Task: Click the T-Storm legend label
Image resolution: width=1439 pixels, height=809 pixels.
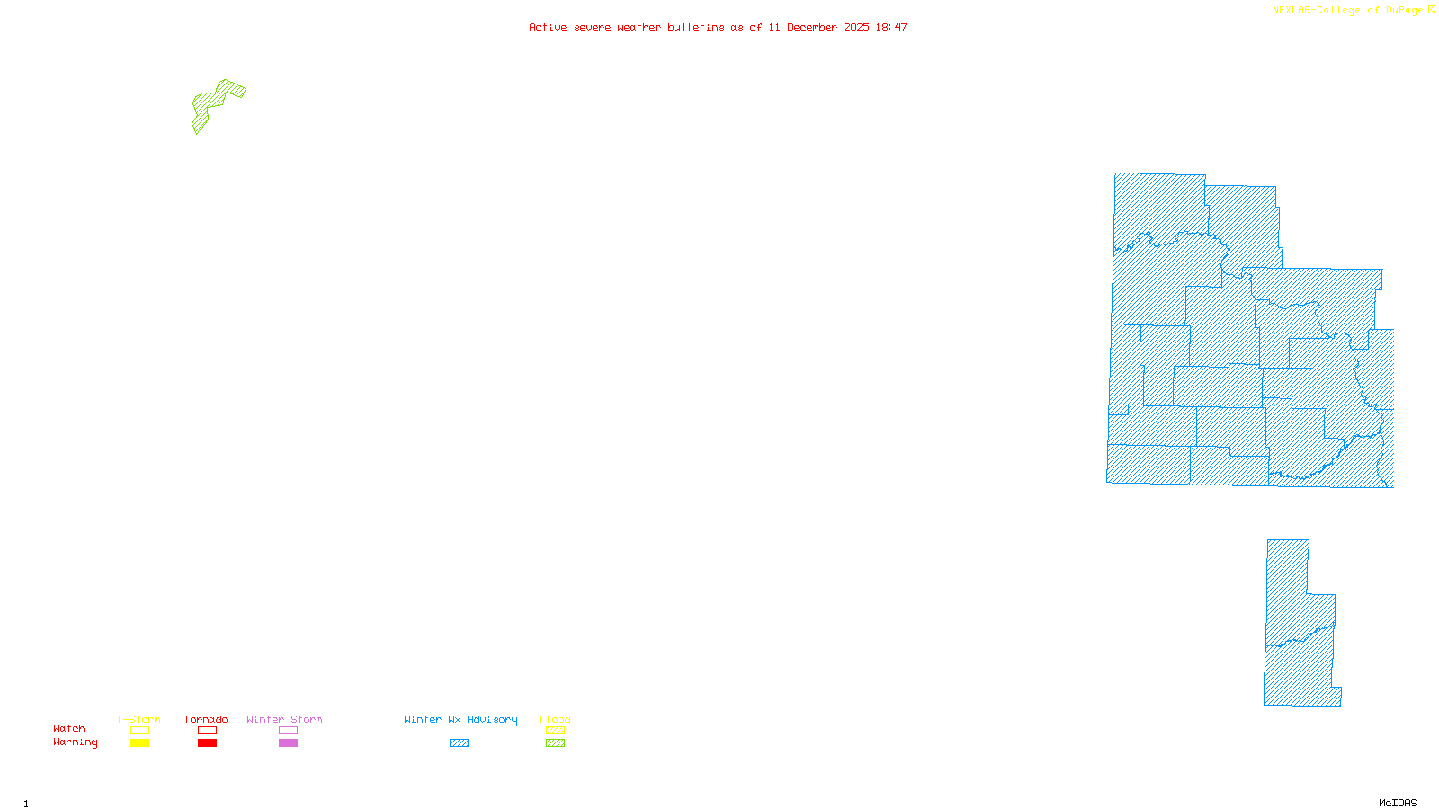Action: pyautogui.click(x=139, y=719)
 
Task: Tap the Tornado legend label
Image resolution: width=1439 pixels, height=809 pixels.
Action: pyautogui.click(x=206, y=719)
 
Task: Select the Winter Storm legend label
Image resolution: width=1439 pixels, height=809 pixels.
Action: pyautogui.click(x=284, y=719)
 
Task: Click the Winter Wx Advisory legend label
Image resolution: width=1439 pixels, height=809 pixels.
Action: pyautogui.click(x=460, y=719)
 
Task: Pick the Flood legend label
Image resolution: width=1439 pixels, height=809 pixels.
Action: pyautogui.click(x=555, y=719)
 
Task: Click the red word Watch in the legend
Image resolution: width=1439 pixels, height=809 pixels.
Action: pyautogui.click(x=69, y=728)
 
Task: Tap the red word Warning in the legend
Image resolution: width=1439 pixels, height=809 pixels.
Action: pyautogui.click(x=76, y=742)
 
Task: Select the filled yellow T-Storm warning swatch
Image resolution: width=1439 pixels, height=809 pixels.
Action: pyautogui.click(x=139, y=743)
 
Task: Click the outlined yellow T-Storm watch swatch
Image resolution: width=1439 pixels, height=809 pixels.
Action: pyautogui.click(x=139, y=731)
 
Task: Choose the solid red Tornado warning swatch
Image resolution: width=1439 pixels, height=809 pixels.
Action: pyautogui.click(x=207, y=743)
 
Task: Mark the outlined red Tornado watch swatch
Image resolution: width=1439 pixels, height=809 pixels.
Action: pyautogui.click(x=207, y=731)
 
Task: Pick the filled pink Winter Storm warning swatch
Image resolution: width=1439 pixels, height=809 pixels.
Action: pyautogui.click(x=288, y=743)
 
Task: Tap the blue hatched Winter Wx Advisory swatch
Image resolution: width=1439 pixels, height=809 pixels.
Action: pyautogui.click(x=459, y=743)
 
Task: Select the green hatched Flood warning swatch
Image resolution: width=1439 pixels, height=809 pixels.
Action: pyautogui.click(x=556, y=743)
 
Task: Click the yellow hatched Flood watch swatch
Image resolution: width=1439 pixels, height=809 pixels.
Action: pyautogui.click(x=556, y=731)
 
